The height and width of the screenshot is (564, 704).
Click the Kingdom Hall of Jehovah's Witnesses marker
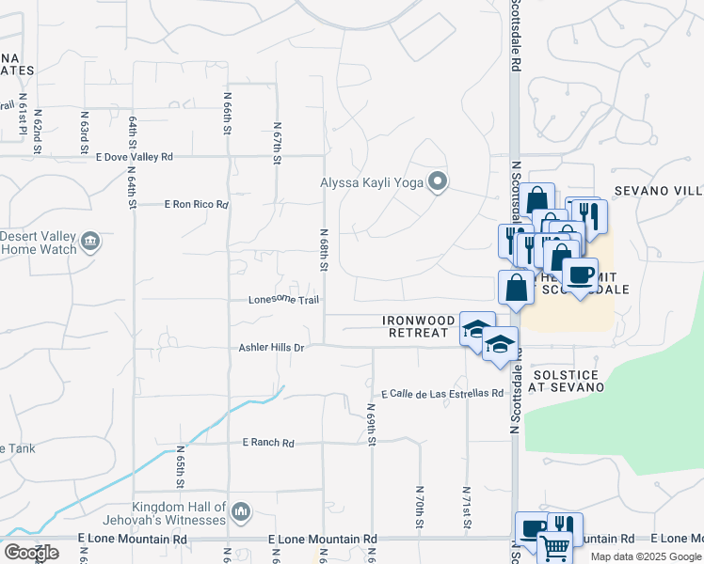(241, 511)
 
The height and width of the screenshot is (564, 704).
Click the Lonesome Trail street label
(283, 301)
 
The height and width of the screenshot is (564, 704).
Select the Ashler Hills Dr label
(271, 348)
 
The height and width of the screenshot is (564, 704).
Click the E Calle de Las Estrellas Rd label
(441, 393)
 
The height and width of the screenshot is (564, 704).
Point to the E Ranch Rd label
(268, 443)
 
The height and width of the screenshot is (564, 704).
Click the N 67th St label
(277, 142)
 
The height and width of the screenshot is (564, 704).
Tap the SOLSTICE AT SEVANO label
(567, 380)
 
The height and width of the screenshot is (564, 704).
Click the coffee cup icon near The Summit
(580, 275)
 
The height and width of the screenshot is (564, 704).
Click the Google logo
(31, 553)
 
